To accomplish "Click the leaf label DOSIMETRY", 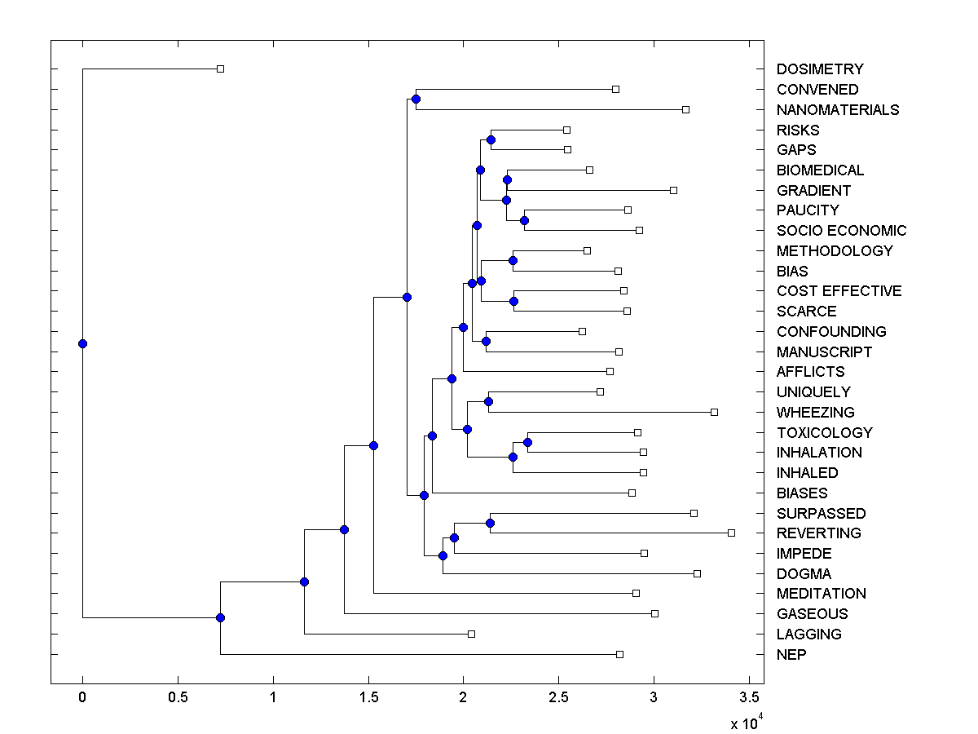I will pyautogui.click(x=820, y=69).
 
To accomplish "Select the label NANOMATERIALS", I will pyautogui.click(x=838, y=109).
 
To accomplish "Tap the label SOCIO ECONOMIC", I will pyautogui.click(x=841, y=231).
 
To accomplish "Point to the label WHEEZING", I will pyautogui.click(x=816, y=412).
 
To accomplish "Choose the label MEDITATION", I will pyautogui.click(x=822, y=593).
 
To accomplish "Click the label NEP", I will pyautogui.click(x=791, y=654).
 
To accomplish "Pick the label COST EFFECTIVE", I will pyautogui.click(x=839, y=291).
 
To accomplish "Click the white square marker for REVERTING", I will pyautogui.click(x=731, y=533).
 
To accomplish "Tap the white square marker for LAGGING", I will pyautogui.click(x=471, y=634).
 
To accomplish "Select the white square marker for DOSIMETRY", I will pyautogui.click(x=220, y=69).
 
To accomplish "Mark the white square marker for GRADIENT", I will pyautogui.click(x=673, y=190).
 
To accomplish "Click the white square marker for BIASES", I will pyautogui.click(x=632, y=493).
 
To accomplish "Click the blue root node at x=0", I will pyautogui.click(x=82, y=343).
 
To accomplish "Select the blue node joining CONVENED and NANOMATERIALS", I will pyautogui.click(x=416, y=99).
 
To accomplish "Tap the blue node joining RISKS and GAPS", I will pyautogui.click(x=491, y=139).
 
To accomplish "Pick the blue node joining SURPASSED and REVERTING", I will pyautogui.click(x=491, y=523).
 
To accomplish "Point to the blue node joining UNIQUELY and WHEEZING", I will pyautogui.click(x=488, y=401).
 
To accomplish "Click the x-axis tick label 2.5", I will pyautogui.click(x=558, y=698).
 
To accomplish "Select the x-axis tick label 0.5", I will pyautogui.click(x=178, y=698).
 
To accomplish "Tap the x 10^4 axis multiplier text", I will pyautogui.click(x=745, y=722).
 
